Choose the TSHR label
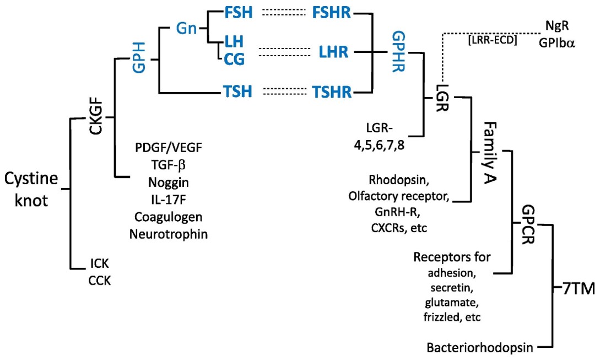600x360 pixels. pyautogui.click(x=332, y=92)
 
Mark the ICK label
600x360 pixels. pyautogui.click(x=99, y=266)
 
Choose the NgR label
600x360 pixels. pyautogui.click(x=560, y=26)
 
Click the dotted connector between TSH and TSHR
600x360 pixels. pyautogui.click(x=281, y=92)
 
